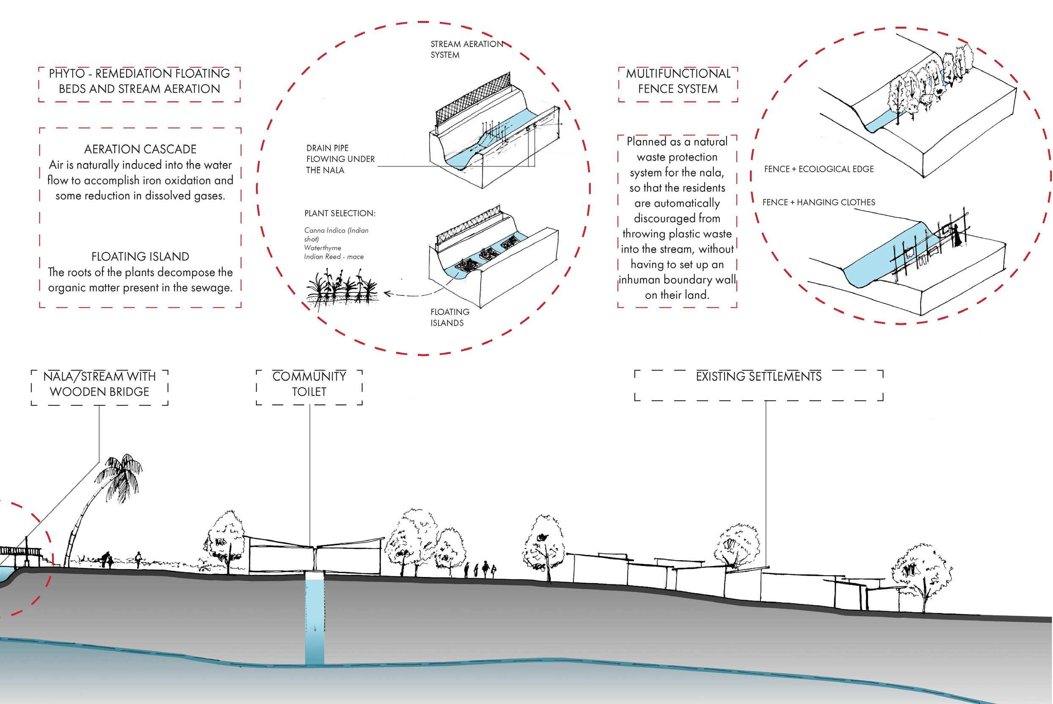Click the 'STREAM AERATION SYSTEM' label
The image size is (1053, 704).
[x=466, y=50]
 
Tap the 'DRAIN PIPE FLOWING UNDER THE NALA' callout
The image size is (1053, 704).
[x=340, y=159]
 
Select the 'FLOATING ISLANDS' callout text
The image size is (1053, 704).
[x=450, y=317]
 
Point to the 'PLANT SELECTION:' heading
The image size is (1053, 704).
[x=340, y=213]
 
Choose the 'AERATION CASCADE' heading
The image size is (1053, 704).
[x=140, y=149]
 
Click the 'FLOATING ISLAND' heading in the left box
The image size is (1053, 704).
[x=140, y=256]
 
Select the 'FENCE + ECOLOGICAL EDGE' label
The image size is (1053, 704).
[x=818, y=169]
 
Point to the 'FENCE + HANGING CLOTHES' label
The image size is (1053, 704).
[x=818, y=202]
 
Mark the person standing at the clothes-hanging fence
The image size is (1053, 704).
[x=957, y=235]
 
